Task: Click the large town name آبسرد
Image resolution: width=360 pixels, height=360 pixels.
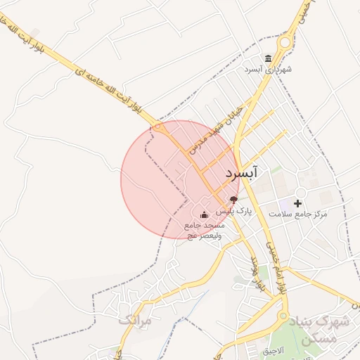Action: tap(242, 172)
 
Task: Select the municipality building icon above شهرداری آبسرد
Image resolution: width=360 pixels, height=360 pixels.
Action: tap(268, 58)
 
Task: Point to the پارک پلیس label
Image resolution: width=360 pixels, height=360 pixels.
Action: tap(233, 211)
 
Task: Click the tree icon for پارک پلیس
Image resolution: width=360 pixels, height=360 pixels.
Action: tap(233, 200)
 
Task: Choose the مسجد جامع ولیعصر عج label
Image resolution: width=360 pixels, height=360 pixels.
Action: tap(204, 230)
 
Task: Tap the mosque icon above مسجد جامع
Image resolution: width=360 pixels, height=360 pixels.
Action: tap(204, 214)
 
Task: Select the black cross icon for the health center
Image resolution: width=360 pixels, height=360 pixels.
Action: tap(297, 202)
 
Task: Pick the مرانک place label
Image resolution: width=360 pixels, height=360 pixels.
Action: tap(135, 320)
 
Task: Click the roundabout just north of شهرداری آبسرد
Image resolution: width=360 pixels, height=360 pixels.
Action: tap(284, 43)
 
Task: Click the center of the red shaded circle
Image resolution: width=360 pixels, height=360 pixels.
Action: tap(180, 179)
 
